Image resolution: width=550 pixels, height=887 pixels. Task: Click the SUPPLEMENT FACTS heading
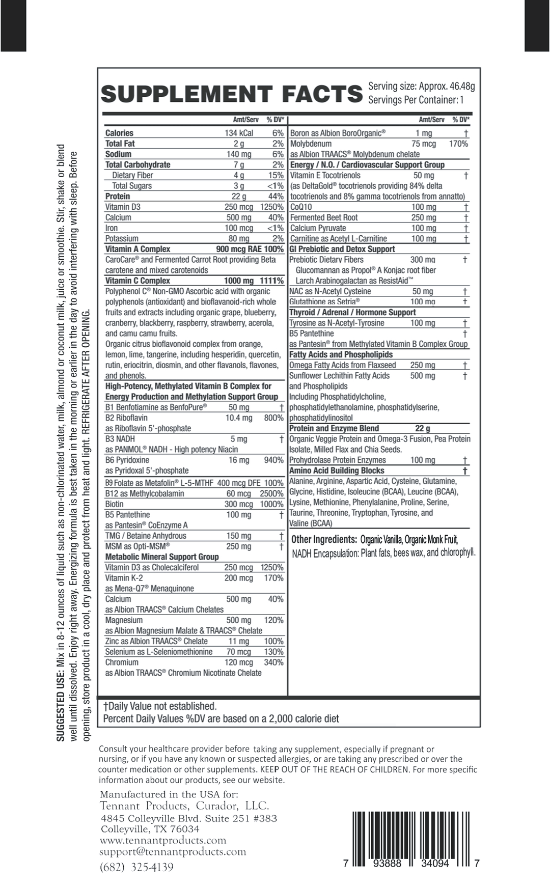[232, 94]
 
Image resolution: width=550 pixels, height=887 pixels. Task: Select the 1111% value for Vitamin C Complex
[271, 281]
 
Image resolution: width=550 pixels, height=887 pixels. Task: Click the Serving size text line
[421, 86]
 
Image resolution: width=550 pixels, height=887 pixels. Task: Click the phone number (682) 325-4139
[136, 867]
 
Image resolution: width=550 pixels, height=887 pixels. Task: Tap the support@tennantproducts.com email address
[173, 851]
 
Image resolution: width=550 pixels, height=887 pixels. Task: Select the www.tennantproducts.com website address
[163, 840]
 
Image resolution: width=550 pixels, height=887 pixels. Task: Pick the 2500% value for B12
[271, 493]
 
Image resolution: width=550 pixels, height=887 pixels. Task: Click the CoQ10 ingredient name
[301, 207]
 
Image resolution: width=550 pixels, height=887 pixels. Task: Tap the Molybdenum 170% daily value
[458, 144]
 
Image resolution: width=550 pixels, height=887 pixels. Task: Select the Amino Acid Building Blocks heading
[337, 470]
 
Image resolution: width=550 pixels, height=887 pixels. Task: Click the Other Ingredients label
[323, 539]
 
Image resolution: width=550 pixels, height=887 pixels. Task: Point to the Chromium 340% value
[273, 662]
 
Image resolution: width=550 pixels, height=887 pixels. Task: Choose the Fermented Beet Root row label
[324, 217]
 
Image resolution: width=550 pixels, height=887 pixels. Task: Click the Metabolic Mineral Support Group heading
[162, 557]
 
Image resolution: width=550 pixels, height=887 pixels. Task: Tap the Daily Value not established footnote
[160, 706]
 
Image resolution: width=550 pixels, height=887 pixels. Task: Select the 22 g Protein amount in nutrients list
[238, 196]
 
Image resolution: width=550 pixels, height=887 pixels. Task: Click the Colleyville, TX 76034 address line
[150, 829]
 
